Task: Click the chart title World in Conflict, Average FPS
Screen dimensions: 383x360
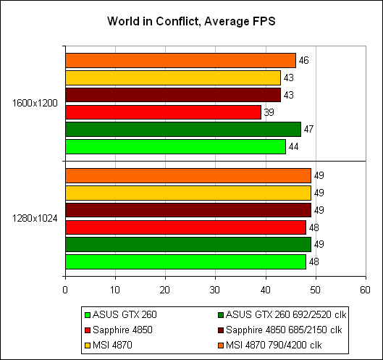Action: pos(191,21)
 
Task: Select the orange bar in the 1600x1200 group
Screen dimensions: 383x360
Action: pos(180,60)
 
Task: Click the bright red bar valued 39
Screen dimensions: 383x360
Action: pos(163,112)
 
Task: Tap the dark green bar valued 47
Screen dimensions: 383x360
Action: pos(183,129)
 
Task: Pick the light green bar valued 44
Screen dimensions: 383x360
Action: pos(176,146)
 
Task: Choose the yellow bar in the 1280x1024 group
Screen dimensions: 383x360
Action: pos(188,193)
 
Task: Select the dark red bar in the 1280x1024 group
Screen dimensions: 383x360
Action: pos(188,210)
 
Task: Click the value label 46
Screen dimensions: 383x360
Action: pos(303,61)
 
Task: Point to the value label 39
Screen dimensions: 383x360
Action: pos(269,112)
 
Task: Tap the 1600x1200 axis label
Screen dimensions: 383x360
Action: pos(35,103)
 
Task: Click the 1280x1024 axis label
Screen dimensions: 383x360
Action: pos(35,218)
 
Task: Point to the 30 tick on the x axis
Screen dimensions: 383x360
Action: pos(215,290)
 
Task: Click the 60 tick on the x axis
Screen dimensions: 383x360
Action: pos(365,290)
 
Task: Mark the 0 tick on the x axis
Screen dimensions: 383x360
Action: pos(65,290)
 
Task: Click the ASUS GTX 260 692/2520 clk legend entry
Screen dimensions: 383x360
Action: pos(282,315)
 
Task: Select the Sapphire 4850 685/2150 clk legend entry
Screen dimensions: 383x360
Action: pos(280,330)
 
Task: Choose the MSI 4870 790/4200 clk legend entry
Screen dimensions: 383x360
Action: pos(269,345)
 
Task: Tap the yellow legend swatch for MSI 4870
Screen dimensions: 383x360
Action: pos(88,346)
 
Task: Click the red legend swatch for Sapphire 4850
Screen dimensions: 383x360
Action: pos(88,330)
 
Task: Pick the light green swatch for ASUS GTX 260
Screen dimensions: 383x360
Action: pos(88,315)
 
